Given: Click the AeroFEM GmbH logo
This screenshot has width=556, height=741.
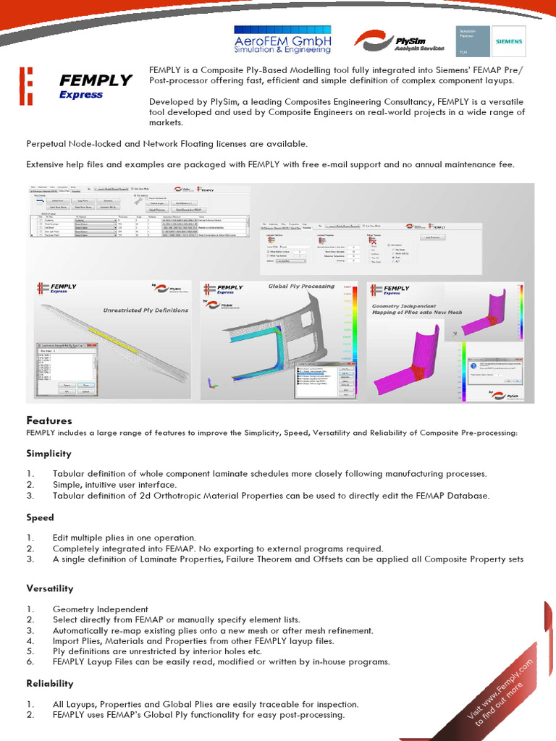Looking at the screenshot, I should coord(282,41).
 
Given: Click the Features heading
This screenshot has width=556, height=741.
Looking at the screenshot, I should coord(49,420).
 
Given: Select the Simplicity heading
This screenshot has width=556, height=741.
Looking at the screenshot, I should coord(49,454).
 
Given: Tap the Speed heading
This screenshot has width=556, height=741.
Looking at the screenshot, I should coord(41,518).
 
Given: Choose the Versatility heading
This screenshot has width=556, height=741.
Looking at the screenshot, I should coord(50,589).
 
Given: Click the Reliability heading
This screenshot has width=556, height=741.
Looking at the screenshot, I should coord(50,684).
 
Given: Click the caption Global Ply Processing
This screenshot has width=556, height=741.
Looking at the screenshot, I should coord(301,286).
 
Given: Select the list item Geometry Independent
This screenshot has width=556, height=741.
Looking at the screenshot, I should coord(100,609).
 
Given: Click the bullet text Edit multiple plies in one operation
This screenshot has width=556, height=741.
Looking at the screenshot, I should coord(124,538).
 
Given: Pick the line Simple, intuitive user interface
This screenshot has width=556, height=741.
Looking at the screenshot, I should coord(114,485).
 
